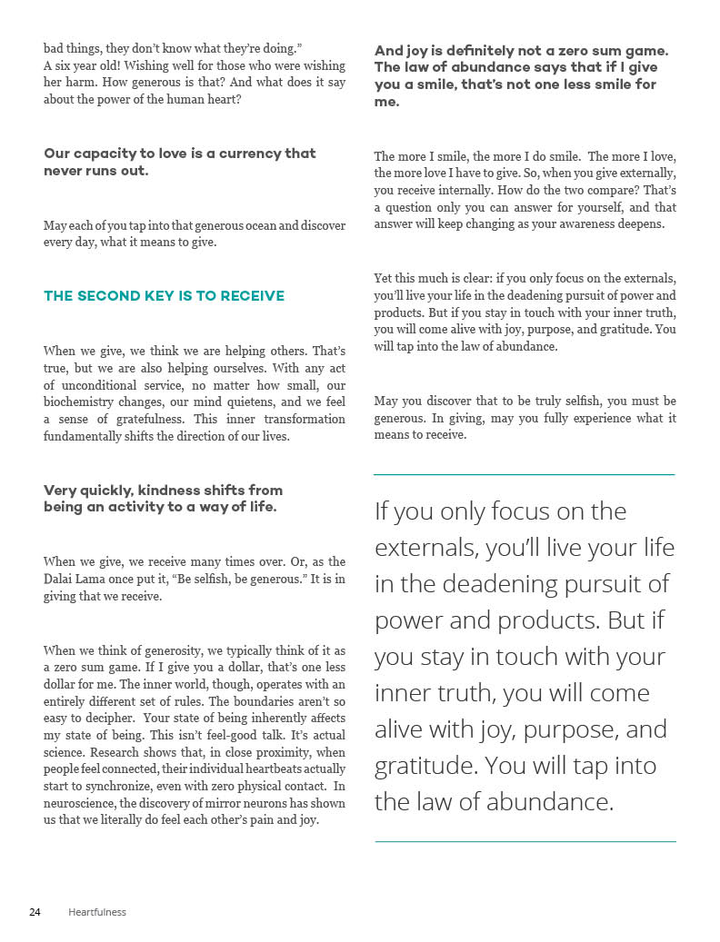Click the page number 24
tap(35, 912)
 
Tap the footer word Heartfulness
tap(97, 912)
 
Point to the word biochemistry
tap(81, 402)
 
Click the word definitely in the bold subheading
tap(485, 51)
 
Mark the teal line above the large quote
tap(525, 474)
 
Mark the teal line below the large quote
tap(525, 841)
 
